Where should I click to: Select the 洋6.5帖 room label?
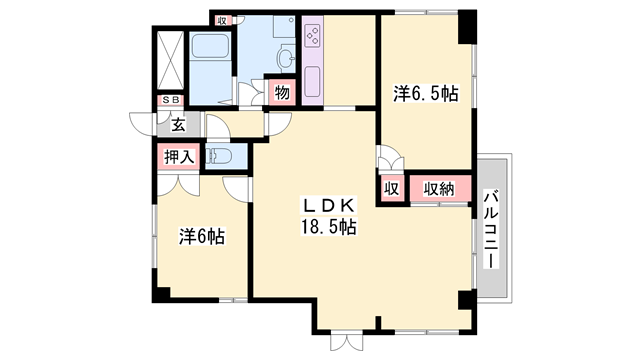426,93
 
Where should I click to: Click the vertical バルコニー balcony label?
491,229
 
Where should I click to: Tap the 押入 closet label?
179,156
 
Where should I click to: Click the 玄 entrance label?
177,125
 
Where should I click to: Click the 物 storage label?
281,93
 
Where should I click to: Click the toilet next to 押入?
220,156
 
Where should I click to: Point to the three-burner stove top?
312,38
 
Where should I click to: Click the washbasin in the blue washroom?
285,57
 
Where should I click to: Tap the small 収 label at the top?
221,19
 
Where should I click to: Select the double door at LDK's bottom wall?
347,338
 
